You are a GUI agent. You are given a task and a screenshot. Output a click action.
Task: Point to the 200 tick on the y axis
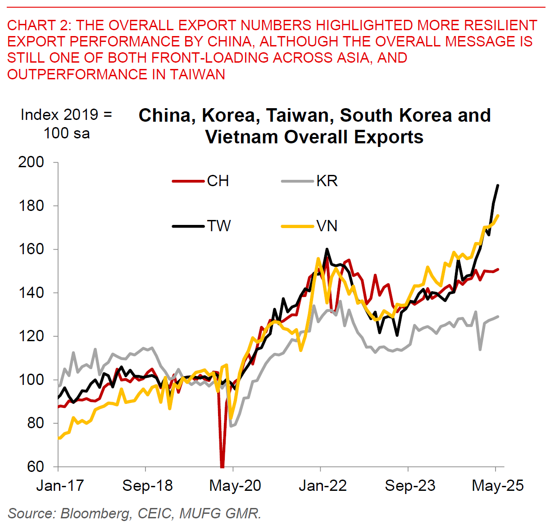coord(31,162)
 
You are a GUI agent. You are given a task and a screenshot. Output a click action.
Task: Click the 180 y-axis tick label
coord(31,206)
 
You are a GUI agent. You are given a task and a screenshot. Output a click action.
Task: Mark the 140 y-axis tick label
coord(31,293)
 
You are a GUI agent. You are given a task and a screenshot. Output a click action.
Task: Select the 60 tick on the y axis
coord(36,467)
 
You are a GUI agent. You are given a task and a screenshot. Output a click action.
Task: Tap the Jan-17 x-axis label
coord(60,485)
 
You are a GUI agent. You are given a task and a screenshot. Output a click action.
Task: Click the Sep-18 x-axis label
coord(147,485)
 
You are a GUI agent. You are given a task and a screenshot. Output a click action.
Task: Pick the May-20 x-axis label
coord(235,485)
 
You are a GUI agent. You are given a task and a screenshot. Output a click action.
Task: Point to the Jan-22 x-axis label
coord(323,485)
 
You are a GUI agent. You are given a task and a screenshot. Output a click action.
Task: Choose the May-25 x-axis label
coord(498,485)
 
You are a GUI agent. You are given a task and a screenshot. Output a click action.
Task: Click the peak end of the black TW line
coord(498,185)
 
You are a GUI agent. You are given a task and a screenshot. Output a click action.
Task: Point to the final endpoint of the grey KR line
coord(498,316)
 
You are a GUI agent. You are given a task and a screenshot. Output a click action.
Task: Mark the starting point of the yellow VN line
coord(59,438)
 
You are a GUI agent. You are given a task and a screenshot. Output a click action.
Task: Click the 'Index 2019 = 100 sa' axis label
coord(66,124)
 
